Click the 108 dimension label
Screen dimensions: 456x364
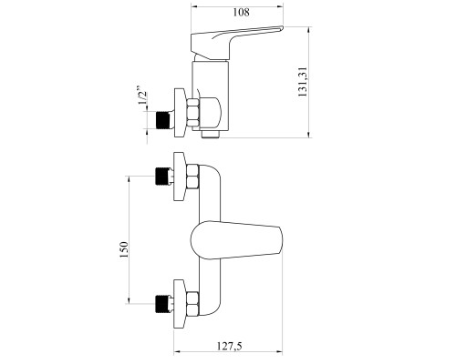(241, 13)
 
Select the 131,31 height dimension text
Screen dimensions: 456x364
(303, 82)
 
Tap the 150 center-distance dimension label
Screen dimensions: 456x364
(124, 249)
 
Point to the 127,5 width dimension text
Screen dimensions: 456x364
(230, 346)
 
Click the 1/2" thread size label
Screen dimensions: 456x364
(143, 96)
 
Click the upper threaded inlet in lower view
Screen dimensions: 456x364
(162, 176)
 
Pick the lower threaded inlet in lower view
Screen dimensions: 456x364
(162, 303)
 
